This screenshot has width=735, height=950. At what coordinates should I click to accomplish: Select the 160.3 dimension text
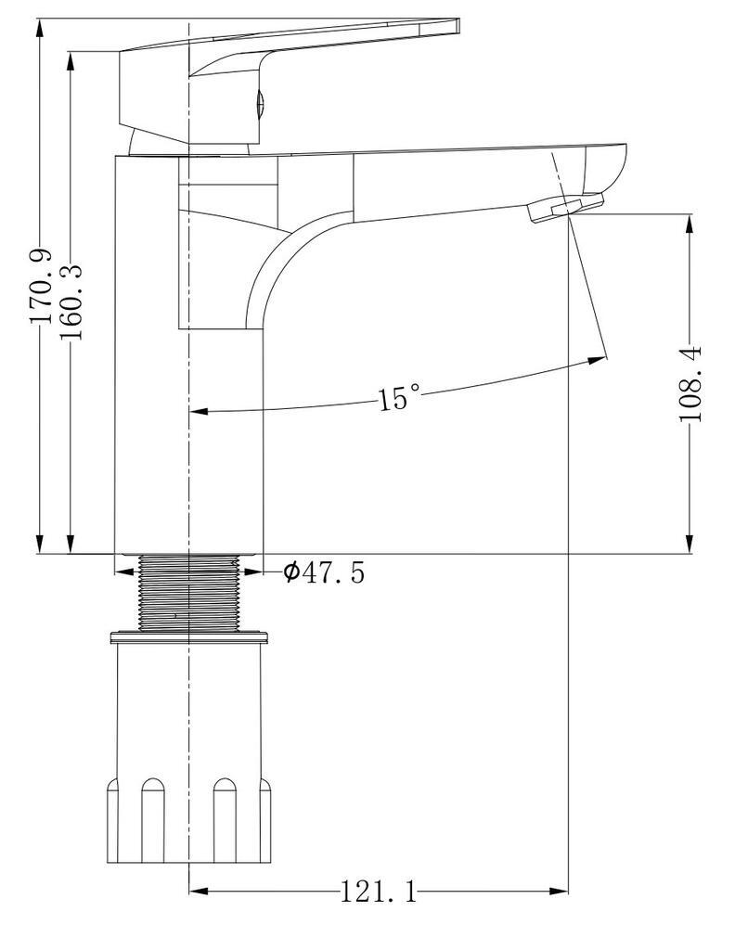71,302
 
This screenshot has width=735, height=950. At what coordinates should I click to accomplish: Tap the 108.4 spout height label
690,383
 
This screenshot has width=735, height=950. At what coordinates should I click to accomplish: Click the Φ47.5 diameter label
325,571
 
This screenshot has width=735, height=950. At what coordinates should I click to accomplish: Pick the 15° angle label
399,398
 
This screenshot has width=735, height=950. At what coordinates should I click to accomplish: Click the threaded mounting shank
189,593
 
